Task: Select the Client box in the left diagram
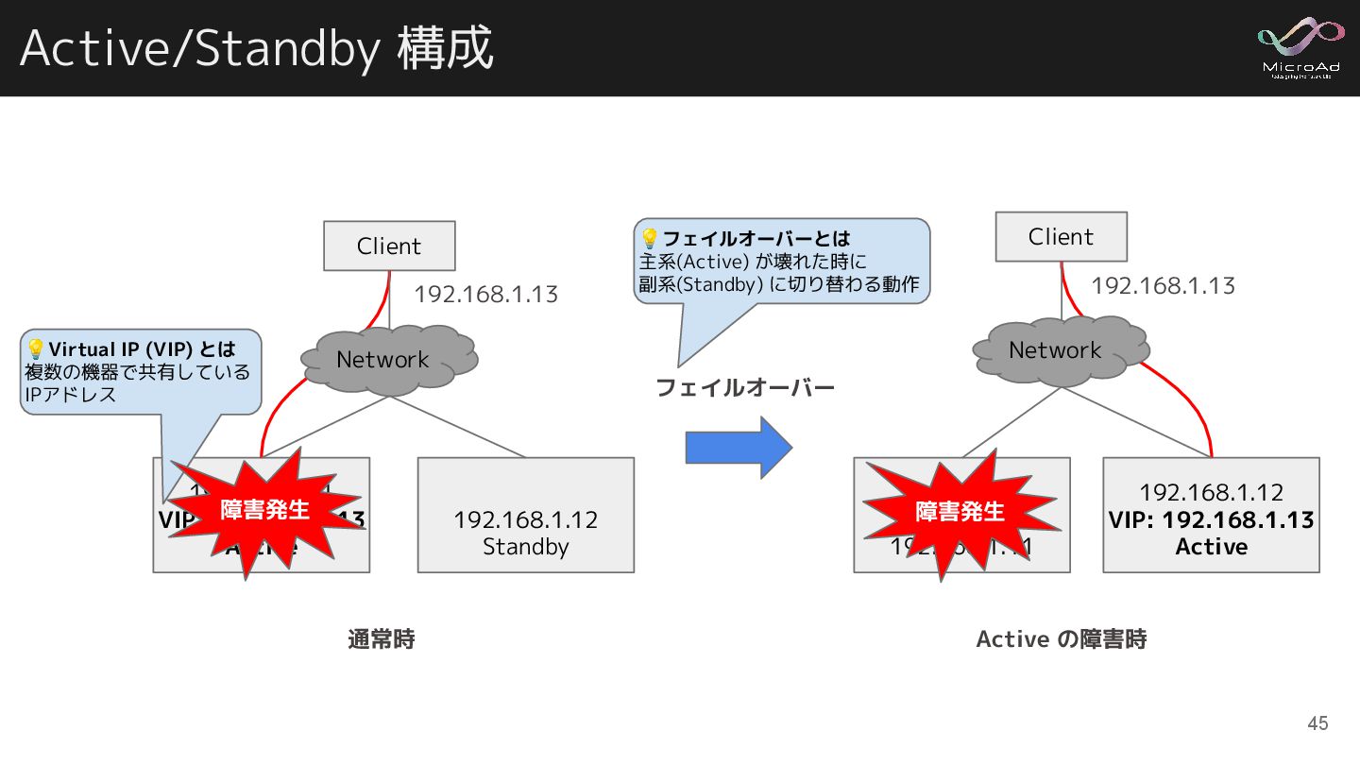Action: click(x=389, y=246)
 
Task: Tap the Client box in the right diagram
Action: click(x=1061, y=237)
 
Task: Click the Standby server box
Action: click(x=525, y=515)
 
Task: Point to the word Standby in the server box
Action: click(x=525, y=547)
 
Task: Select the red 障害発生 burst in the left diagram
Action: click(x=263, y=510)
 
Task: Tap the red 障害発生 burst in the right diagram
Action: click(x=960, y=511)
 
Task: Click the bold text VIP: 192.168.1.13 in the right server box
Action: click(x=1211, y=519)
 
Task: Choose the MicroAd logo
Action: click(x=1300, y=47)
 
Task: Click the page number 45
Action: click(x=1317, y=723)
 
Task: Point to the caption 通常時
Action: click(x=382, y=639)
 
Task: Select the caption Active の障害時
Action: click(x=1061, y=639)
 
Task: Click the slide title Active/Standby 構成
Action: click(x=256, y=48)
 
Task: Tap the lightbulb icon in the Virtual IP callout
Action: click(x=36, y=349)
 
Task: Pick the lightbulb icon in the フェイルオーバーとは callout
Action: click(x=650, y=238)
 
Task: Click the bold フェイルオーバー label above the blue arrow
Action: click(x=745, y=387)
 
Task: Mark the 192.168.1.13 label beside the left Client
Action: click(x=485, y=295)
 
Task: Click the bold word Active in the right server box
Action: click(x=1211, y=547)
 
